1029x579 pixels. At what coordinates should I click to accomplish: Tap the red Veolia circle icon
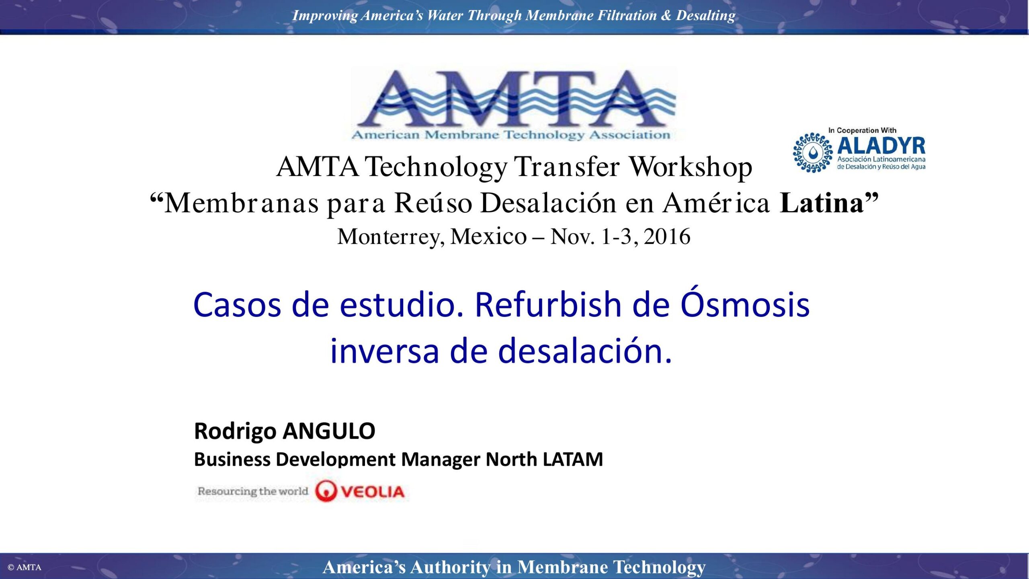coord(325,491)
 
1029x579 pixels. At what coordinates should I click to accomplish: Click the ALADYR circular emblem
coord(813,153)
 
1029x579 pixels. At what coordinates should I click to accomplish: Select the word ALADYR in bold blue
coord(881,146)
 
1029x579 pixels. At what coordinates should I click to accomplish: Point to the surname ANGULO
coord(329,431)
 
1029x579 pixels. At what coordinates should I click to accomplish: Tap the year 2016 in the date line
coord(667,236)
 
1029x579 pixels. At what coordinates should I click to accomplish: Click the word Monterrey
coord(391,237)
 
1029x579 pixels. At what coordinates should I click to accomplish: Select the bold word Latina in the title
coord(822,203)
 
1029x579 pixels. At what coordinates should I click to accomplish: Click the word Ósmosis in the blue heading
coord(745,304)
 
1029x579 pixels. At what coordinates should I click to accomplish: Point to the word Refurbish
coord(548,304)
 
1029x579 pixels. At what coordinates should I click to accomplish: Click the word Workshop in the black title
coord(690,167)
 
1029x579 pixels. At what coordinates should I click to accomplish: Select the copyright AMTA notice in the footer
coord(25,567)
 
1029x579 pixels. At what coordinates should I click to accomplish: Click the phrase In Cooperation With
coord(862,130)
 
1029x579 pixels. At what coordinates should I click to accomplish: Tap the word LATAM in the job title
coord(573,460)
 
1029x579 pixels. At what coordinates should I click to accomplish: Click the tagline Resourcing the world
coord(253,491)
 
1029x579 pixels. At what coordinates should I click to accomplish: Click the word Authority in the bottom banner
coord(450,567)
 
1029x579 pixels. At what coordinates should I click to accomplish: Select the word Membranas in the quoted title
coord(242,203)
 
